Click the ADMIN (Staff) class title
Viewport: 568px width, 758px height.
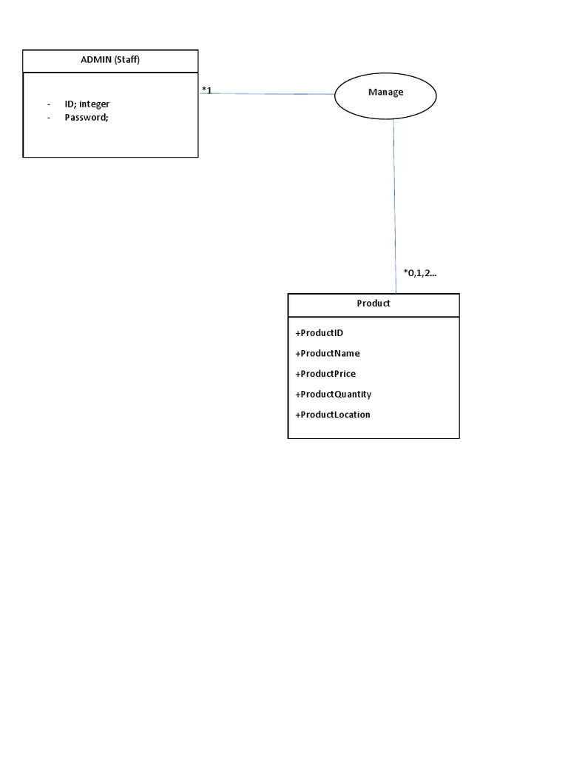pyautogui.click(x=110, y=59)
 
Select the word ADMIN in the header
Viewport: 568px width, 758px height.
pyautogui.click(x=96, y=59)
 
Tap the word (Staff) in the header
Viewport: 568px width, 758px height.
pyautogui.click(x=127, y=59)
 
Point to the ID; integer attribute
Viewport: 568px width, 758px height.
pyautogui.click(x=87, y=104)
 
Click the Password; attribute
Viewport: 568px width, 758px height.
pyautogui.click(x=87, y=117)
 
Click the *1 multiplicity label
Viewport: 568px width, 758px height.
pyautogui.click(x=207, y=90)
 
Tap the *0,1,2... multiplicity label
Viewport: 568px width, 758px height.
pyautogui.click(x=420, y=272)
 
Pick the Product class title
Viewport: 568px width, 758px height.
pyautogui.click(x=373, y=303)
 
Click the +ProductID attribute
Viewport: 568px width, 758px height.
pyautogui.click(x=319, y=332)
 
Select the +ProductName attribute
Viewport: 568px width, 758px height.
pyautogui.click(x=328, y=353)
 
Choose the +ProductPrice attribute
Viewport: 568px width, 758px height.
pyautogui.click(x=325, y=374)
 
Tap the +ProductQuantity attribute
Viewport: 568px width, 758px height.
pyautogui.click(x=334, y=394)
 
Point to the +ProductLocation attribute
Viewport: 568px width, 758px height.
pyautogui.click(x=333, y=415)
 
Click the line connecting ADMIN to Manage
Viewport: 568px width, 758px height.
pyautogui.click(x=267, y=93)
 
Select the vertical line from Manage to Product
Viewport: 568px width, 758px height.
pyautogui.click(x=395, y=206)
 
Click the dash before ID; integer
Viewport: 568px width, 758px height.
pyautogui.click(x=49, y=104)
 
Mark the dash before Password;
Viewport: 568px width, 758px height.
pyautogui.click(x=49, y=118)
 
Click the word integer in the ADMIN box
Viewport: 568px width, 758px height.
pyautogui.click(x=94, y=104)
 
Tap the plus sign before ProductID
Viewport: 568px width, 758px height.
pyautogui.click(x=298, y=333)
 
